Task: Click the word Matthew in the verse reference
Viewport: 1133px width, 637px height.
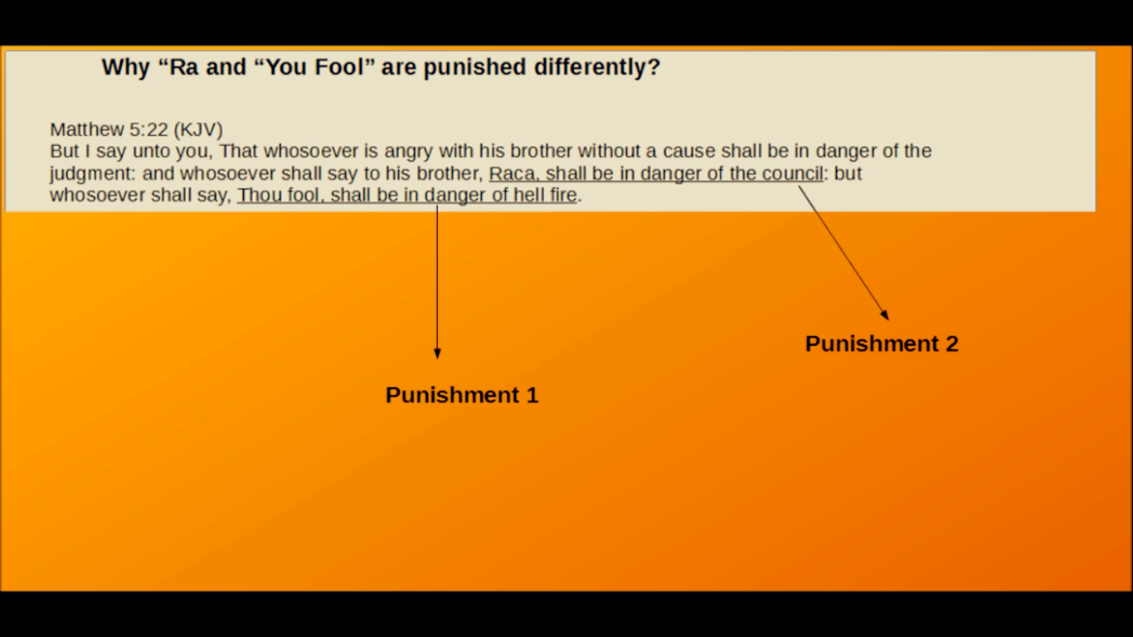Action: pos(87,129)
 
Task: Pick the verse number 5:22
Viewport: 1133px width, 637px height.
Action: pos(148,129)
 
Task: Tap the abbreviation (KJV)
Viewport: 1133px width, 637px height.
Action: pos(198,130)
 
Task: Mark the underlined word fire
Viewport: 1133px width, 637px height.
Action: pos(561,195)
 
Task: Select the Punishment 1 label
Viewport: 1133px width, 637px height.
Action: pos(462,395)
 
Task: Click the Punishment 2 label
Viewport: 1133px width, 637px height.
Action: pos(882,344)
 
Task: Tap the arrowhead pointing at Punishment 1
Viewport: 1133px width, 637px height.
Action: pos(437,353)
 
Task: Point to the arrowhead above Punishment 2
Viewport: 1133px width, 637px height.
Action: pos(885,314)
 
